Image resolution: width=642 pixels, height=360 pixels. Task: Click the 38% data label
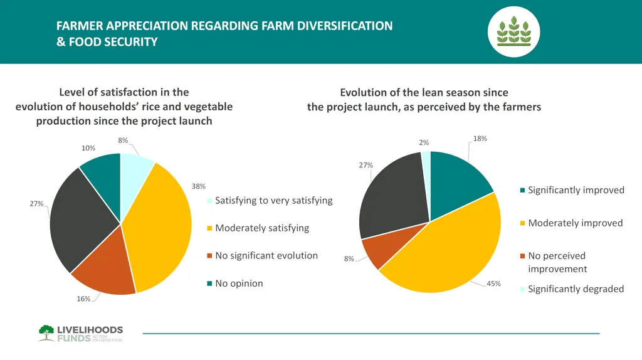tap(199, 186)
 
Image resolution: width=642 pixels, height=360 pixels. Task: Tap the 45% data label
tap(494, 283)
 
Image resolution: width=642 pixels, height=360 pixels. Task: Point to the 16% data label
tap(83, 299)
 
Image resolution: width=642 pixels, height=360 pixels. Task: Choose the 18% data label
tap(480, 138)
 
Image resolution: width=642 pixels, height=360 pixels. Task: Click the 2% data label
tap(424, 142)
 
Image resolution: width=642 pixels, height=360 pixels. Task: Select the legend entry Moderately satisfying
tap(262, 228)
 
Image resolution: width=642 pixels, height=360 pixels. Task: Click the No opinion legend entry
tap(239, 283)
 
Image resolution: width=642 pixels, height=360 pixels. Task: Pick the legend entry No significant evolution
tap(266, 255)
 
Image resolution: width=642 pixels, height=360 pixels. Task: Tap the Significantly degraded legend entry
tap(576, 289)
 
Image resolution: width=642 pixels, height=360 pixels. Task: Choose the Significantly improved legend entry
tap(576, 190)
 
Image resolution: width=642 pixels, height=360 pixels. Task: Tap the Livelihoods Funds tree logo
tap(46, 332)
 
